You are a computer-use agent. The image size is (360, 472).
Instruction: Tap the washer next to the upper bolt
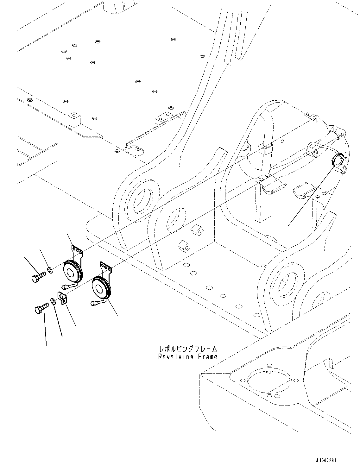click(50, 270)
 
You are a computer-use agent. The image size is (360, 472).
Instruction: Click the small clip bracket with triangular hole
click(62, 298)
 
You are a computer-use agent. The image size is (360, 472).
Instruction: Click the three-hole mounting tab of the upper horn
click(78, 251)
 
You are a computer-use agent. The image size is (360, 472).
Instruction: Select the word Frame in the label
click(208, 357)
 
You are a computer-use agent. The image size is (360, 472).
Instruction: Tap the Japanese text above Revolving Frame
click(188, 349)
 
